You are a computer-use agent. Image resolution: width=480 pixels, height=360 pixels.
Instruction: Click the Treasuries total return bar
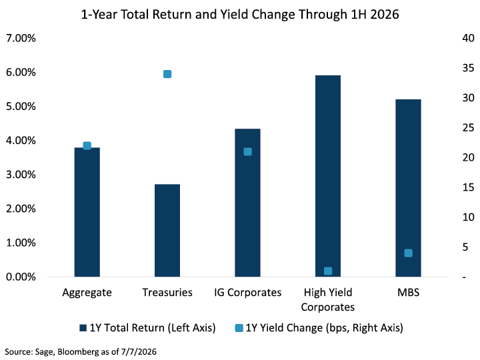point(167,231)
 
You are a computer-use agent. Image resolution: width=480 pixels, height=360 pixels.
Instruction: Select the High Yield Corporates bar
point(328,176)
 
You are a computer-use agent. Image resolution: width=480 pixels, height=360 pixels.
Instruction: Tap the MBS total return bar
point(408,188)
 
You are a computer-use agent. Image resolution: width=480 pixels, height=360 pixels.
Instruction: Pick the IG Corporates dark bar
point(247,203)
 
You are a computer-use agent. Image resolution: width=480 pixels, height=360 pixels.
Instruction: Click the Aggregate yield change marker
point(87,146)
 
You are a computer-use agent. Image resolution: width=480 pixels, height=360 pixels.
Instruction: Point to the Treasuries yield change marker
point(167,74)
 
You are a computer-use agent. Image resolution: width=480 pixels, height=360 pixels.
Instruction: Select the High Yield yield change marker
point(328,271)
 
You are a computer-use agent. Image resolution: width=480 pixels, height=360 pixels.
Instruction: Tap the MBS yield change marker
point(408,253)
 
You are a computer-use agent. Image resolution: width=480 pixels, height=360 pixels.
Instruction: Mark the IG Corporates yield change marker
point(247,151)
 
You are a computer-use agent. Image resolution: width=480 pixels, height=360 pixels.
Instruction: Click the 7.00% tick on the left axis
point(21,38)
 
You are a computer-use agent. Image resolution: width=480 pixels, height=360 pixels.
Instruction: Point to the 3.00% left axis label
point(21,175)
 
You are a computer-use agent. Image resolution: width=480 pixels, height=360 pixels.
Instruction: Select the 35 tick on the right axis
point(469,68)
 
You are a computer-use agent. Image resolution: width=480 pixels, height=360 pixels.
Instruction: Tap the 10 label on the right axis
point(469,217)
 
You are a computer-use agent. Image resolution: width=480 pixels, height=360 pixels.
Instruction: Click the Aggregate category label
point(87,293)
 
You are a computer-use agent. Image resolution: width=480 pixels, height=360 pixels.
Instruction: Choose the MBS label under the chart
point(409,293)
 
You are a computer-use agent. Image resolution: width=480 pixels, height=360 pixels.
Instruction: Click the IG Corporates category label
point(247,293)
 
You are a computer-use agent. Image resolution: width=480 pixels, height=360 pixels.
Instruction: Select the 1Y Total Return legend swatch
point(83,328)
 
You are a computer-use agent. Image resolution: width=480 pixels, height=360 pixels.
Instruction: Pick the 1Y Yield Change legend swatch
point(239,328)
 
